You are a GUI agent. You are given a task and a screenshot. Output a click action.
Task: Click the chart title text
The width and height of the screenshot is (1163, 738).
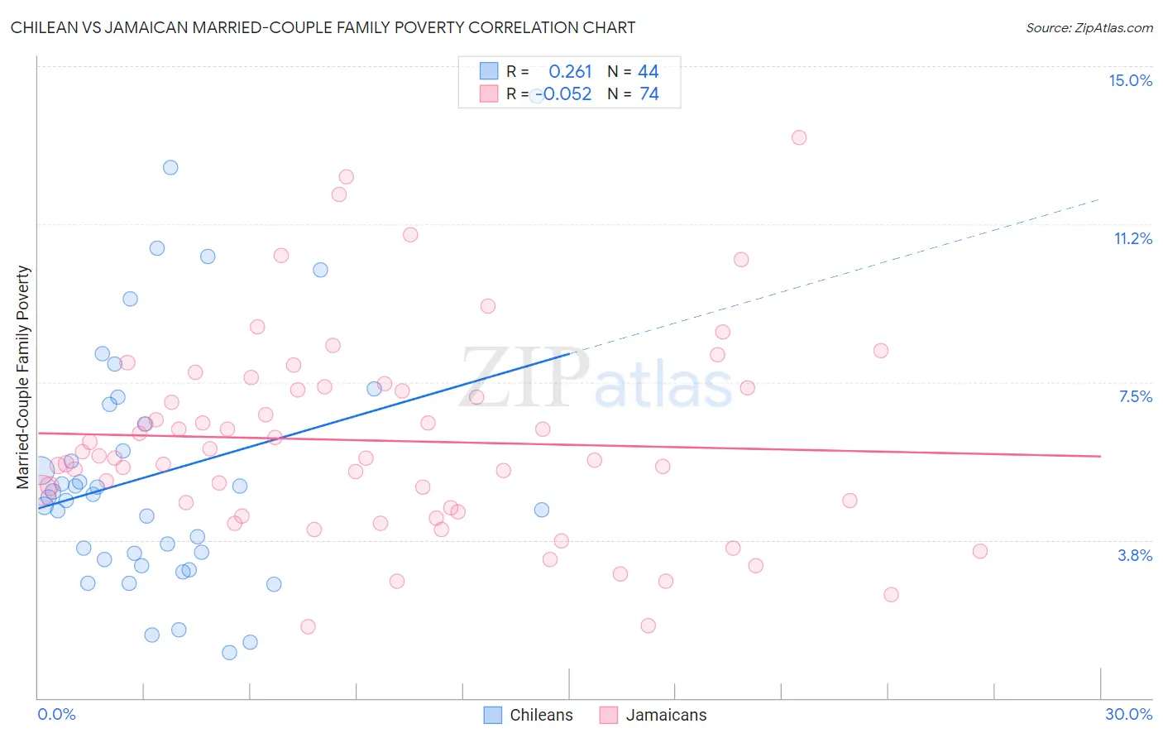pos(323,27)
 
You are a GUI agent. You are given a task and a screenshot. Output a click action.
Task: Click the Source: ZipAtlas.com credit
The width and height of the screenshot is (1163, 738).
pos(1089,28)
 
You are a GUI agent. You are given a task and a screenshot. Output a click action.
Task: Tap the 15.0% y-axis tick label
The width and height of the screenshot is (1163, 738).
pos(1130,80)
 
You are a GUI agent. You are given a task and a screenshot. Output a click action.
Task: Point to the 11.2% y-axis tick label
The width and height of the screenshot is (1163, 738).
pos(1132,238)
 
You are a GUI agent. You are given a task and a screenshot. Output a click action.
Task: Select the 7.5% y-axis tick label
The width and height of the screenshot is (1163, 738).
pos(1135,396)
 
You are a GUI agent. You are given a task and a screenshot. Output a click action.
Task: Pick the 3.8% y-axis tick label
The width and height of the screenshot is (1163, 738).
pos(1135,555)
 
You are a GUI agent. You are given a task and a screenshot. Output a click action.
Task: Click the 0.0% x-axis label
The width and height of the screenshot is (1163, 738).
pos(56,714)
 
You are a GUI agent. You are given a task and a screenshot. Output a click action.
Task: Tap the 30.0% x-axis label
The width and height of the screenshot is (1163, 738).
pos(1128,714)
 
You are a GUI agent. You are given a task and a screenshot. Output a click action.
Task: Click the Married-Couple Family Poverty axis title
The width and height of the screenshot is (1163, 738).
pos(23,376)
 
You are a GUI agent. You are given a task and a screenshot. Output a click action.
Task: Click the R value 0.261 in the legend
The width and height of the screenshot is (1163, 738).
pos(570,72)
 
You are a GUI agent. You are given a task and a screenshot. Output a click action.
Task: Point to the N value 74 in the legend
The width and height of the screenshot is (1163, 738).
pos(649,94)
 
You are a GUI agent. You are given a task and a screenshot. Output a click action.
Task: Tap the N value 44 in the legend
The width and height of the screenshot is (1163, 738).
pos(649,72)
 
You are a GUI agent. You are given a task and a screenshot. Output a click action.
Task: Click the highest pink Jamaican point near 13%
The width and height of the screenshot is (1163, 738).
pos(798,137)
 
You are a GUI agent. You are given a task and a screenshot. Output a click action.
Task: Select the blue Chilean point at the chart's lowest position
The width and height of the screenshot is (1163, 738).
pos(229,653)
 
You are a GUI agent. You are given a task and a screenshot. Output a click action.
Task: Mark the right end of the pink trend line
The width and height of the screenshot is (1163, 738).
pos(1100,456)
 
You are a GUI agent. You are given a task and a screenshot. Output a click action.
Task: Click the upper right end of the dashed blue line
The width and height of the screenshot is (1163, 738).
pos(1098,199)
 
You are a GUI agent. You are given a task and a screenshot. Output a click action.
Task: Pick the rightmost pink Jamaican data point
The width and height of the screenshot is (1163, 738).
pos(979,551)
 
